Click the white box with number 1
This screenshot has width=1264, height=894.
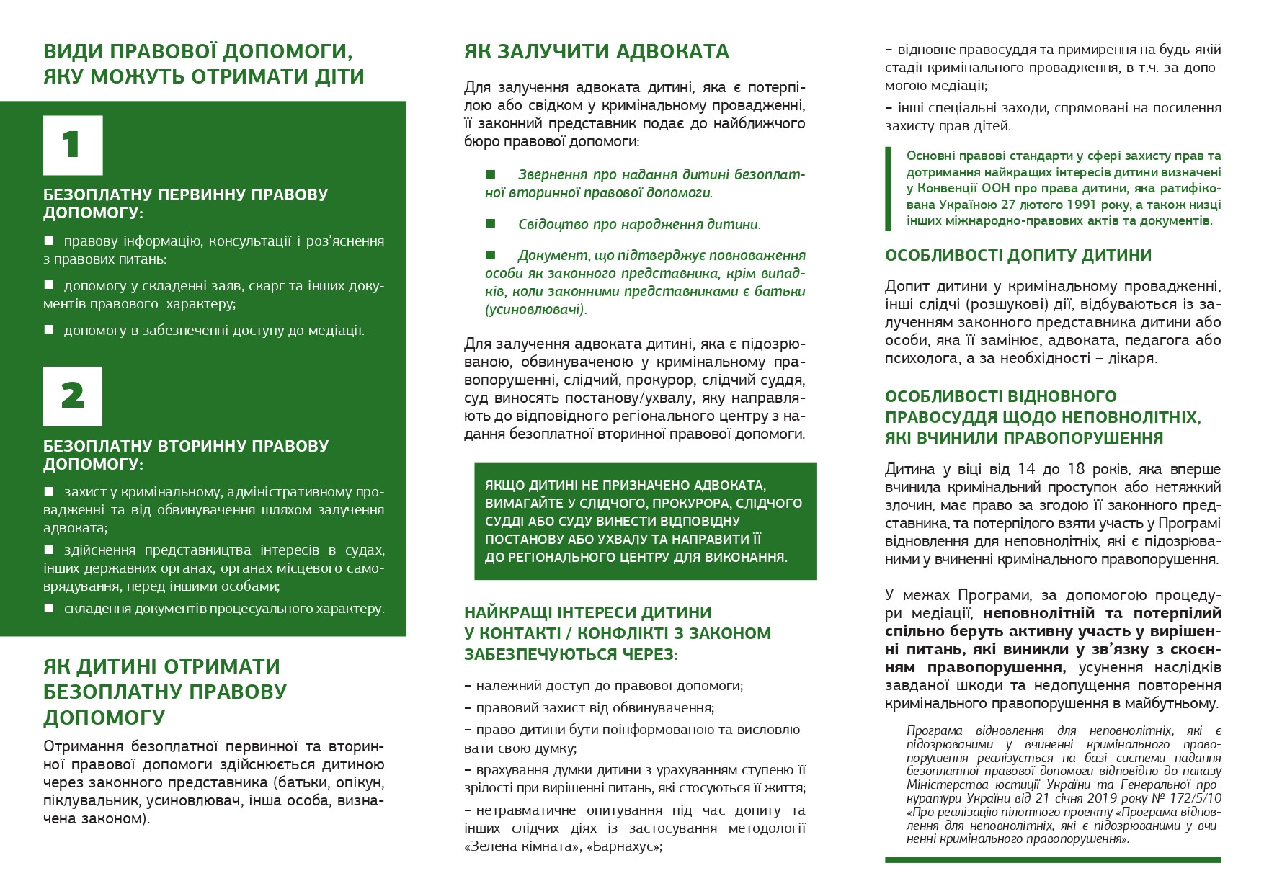(x=73, y=146)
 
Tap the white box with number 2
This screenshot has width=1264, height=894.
(x=73, y=396)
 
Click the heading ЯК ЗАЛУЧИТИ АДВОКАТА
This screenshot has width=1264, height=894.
(x=597, y=52)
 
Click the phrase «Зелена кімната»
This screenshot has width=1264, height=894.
(x=522, y=846)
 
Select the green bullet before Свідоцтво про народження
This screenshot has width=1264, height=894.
(x=491, y=224)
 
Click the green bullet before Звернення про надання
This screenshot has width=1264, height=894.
(x=491, y=174)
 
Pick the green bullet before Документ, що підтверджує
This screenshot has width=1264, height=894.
(x=491, y=255)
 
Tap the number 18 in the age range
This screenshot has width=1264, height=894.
(x=1076, y=470)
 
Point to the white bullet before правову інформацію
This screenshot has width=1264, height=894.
(x=49, y=240)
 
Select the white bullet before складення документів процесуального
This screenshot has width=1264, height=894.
(x=49, y=608)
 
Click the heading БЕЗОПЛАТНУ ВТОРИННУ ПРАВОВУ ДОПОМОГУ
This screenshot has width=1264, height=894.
(x=186, y=455)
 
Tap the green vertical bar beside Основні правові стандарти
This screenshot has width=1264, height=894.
(x=888, y=189)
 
